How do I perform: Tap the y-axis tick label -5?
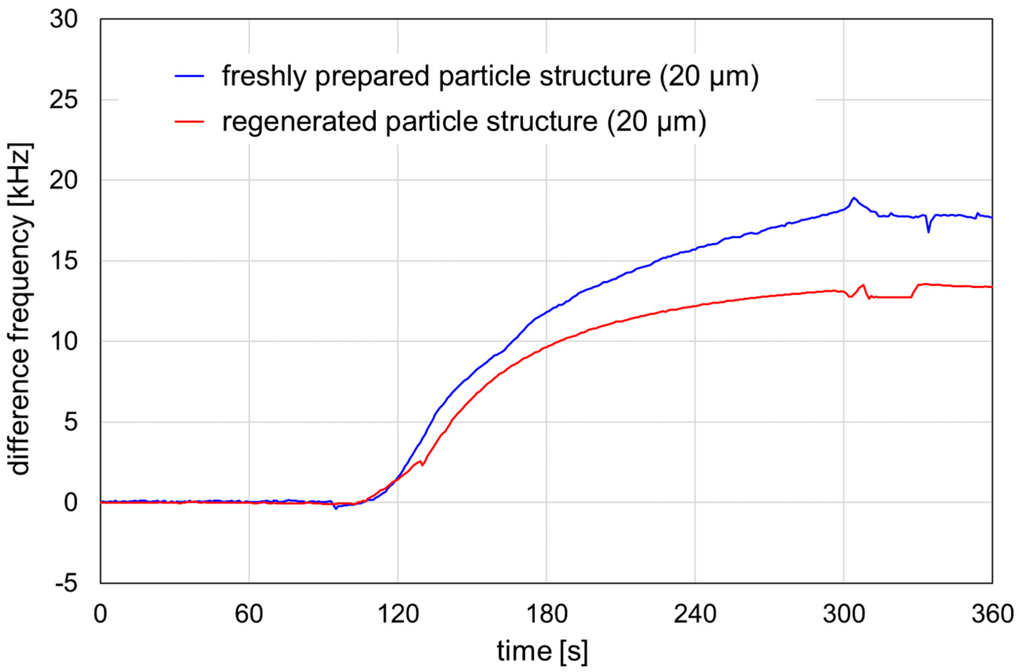[66, 584]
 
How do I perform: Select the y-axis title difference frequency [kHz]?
[21, 309]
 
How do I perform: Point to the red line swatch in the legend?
[189, 121]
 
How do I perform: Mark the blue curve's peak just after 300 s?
[853, 198]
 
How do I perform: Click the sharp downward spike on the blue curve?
[928, 232]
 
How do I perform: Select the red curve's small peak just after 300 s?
[863, 285]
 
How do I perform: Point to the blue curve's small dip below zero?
[336, 508]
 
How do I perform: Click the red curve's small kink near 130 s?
[422, 465]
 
